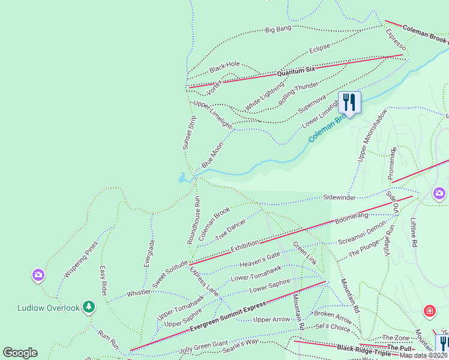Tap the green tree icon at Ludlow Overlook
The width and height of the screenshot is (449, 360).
pos(89,307)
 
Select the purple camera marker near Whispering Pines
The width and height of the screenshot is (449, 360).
pos(38,275)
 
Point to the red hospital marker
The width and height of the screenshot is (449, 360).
pos(430,311)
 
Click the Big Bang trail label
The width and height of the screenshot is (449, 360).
pos(278,29)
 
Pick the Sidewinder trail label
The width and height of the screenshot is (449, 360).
pos(340,197)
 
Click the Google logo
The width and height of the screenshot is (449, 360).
pos(20,353)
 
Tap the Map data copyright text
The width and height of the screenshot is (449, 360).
pos(424,355)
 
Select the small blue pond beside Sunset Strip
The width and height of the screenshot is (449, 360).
pos(182,178)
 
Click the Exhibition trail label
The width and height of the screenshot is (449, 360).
pos(244,245)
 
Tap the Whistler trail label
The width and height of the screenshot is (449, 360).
pos(138,293)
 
